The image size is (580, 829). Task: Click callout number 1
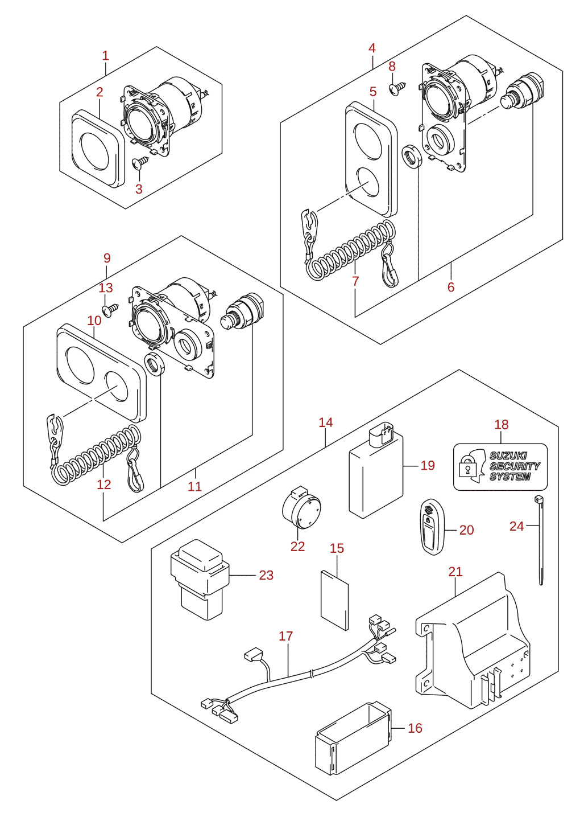pos(105,56)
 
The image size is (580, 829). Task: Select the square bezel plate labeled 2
pos(98,149)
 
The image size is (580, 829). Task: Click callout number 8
pos(392,67)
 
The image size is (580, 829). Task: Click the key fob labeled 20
pos(432,528)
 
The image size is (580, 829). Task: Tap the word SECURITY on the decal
pos(515,466)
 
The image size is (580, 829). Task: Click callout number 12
pos(104,485)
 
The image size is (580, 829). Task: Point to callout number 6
pos(451,287)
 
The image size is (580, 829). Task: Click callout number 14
pos(326,422)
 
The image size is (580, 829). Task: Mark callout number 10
pos(94,321)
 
